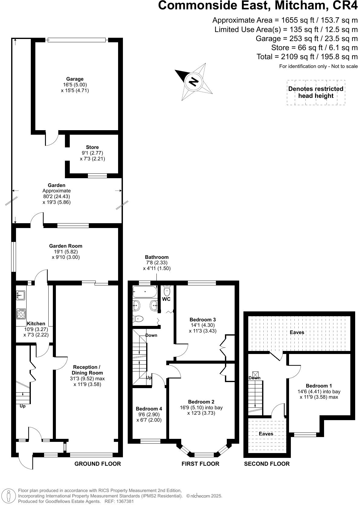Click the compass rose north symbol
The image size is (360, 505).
tap(193, 82)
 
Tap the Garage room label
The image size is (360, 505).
tap(75, 79)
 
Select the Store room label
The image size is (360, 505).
tap(92, 147)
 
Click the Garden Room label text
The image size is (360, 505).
tap(66, 246)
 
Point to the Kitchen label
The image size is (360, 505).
tap(36, 324)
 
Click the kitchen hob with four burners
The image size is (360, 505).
tap(21, 314)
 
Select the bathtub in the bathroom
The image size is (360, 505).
tap(145, 292)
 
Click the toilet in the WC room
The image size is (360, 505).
tap(167, 291)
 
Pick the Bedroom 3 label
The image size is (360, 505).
tap(203, 320)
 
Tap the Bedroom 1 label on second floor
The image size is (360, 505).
tap(319, 386)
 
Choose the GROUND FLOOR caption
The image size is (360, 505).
tap(98, 464)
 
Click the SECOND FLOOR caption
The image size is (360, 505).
tap(267, 464)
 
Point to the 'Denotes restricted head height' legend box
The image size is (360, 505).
tap(316, 92)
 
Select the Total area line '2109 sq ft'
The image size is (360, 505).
tap(307, 56)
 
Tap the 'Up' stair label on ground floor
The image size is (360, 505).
tap(23, 406)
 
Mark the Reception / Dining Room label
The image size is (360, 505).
tap(87, 370)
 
